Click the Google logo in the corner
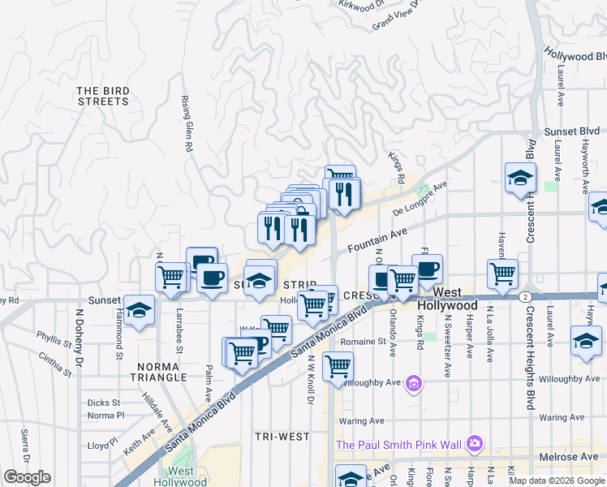(27, 477)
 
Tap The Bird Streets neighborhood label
(103, 96)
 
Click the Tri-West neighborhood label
(282, 437)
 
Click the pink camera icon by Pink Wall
(474, 443)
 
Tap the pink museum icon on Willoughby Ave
(414, 382)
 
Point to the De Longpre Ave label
(420, 199)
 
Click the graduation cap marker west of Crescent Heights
(519, 179)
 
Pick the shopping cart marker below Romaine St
(338, 366)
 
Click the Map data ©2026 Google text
(556, 481)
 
